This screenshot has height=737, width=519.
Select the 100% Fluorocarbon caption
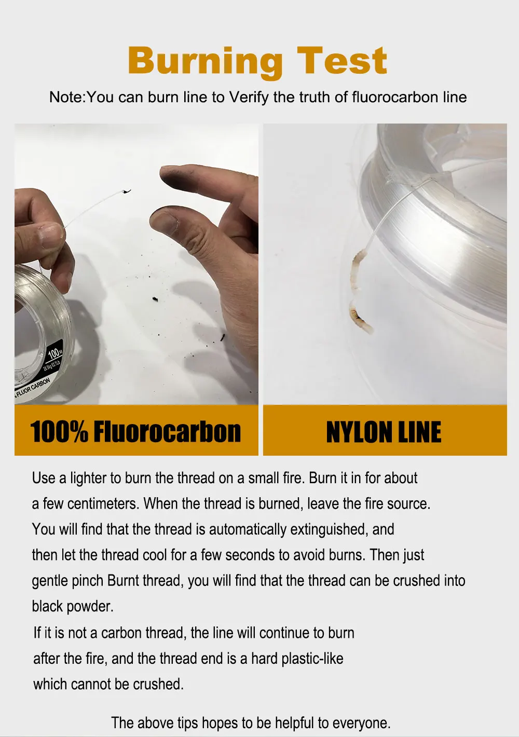coord(135,431)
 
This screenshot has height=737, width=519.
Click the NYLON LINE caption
coord(384,432)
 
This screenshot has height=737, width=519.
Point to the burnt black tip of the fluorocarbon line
coord(127,192)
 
